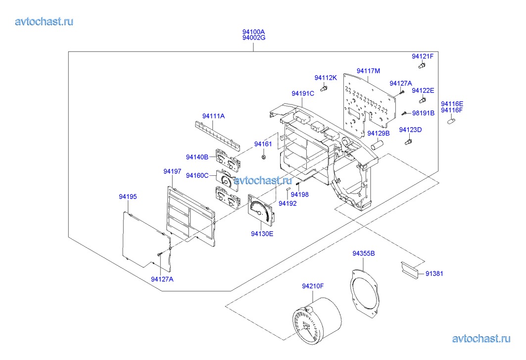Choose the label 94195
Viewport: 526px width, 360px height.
click(x=128, y=197)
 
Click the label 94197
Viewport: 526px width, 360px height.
click(x=172, y=171)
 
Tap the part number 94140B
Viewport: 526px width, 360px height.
click(x=196, y=157)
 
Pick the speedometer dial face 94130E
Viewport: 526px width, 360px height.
click(x=261, y=210)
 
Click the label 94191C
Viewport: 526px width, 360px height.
click(x=303, y=94)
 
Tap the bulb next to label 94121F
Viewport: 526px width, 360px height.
click(x=422, y=65)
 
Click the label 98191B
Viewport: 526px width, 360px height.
click(x=423, y=113)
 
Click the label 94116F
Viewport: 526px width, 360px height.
click(x=452, y=110)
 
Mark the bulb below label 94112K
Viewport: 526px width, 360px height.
click(x=325, y=88)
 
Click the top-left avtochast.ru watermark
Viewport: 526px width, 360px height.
click(x=45, y=21)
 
